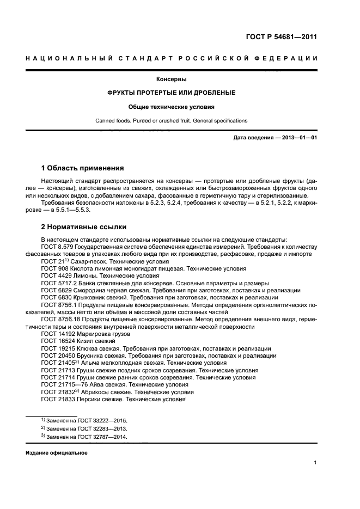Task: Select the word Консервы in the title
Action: point(172,79)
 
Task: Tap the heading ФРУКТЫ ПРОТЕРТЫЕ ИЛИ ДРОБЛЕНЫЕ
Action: point(172,93)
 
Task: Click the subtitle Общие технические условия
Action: point(172,107)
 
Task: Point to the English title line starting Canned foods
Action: point(172,120)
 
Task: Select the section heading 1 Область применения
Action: point(82,168)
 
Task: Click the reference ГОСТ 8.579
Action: point(57,247)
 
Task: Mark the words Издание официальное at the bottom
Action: point(56,453)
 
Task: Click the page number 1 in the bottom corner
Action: point(315,463)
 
